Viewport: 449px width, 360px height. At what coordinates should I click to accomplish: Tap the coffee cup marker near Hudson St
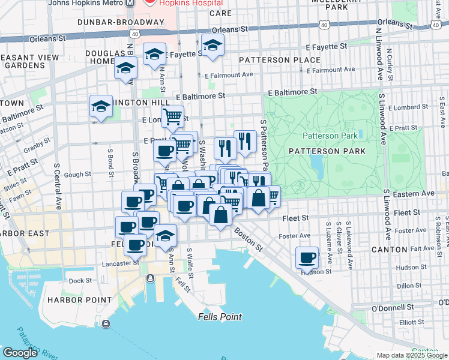tap(307, 259)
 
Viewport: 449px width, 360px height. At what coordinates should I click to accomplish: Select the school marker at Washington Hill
tap(101, 107)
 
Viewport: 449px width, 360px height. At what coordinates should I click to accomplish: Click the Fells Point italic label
tap(221, 317)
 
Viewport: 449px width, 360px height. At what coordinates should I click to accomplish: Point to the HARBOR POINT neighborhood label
tap(80, 299)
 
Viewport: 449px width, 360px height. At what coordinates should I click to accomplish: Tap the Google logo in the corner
tap(20, 352)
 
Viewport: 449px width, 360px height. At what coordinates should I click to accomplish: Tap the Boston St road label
tap(249, 238)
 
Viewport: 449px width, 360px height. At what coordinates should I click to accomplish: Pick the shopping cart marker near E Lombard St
tap(172, 116)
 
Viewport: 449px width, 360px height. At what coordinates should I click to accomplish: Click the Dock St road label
tap(80, 280)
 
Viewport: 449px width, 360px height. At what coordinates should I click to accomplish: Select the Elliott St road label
tap(412, 322)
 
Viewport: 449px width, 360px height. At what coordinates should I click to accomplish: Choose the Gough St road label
tap(78, 175)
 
